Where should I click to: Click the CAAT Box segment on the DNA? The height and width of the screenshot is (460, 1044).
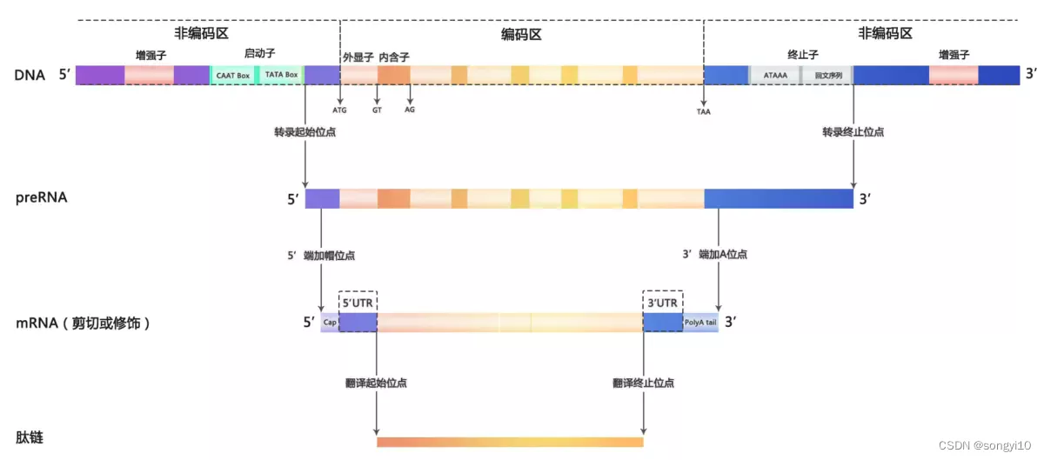231,76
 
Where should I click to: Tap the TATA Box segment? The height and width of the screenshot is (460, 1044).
281,76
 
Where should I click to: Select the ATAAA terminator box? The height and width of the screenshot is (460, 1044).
775,76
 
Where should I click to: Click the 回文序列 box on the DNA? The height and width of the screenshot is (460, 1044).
827,76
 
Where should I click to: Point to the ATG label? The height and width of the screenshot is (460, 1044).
339,110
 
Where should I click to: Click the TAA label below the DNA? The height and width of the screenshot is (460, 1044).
703,111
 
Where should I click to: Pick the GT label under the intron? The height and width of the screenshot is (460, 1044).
377,110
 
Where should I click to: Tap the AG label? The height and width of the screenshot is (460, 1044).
410,110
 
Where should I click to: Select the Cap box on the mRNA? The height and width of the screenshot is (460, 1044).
329,322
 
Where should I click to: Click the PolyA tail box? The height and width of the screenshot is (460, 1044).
700,322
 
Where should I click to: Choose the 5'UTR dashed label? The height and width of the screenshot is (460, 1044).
357,302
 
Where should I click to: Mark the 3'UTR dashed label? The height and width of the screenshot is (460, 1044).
662,302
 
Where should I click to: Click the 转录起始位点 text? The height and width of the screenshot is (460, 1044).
304,133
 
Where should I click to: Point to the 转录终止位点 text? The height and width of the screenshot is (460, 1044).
853,133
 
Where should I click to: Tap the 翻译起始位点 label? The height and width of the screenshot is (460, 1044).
376,383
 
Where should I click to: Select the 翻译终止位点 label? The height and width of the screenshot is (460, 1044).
643,383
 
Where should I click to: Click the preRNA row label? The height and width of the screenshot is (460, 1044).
41,197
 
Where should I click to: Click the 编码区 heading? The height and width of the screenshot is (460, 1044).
521,34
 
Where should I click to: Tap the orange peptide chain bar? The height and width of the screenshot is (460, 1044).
510,442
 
